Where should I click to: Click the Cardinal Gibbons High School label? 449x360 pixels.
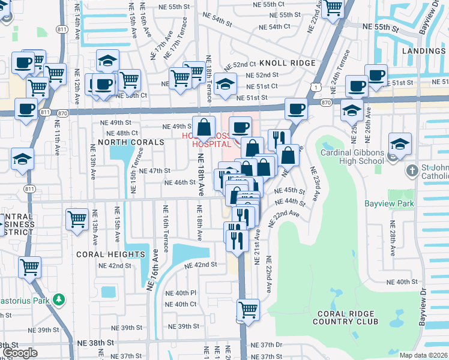point(352,156)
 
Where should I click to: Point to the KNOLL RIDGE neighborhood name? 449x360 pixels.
point(287,63)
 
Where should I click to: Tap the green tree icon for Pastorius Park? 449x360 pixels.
point(58,299)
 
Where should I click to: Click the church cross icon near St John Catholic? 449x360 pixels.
point(412,171)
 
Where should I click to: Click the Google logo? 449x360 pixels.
point(20,353)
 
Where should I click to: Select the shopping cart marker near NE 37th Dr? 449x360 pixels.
point(248,310)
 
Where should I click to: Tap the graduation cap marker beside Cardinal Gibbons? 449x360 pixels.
point(400,144)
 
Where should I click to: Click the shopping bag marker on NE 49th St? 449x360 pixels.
point(204,127)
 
